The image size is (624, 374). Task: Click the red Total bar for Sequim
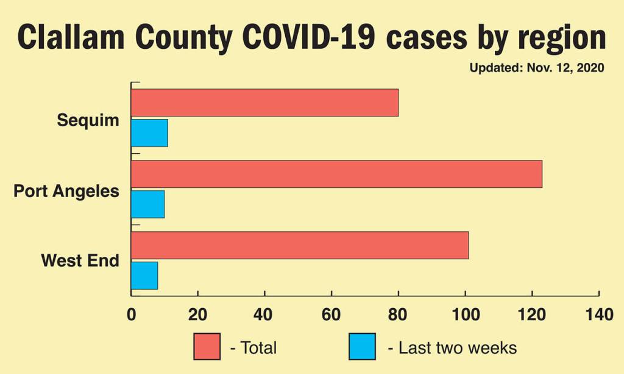click(x=264, y=102)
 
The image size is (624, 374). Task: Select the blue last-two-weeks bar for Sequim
click(x=149, y=133)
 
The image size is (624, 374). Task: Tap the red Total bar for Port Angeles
click(x=336, y=174)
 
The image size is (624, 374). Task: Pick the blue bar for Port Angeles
click(x=147, y=204)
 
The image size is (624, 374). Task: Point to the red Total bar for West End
click(x=300, y=245)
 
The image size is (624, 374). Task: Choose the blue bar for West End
click(x=144, y=275)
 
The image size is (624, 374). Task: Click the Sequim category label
click(x=88, y=120)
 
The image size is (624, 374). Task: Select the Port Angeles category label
click(x=66, y=192)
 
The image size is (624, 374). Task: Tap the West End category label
click(x=80, y=261)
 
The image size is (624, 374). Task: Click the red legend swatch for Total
click(x=207, y=347)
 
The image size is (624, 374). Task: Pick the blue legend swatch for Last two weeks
click(x=362, y=347)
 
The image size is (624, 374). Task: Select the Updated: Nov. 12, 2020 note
click(x=536, y=68)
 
